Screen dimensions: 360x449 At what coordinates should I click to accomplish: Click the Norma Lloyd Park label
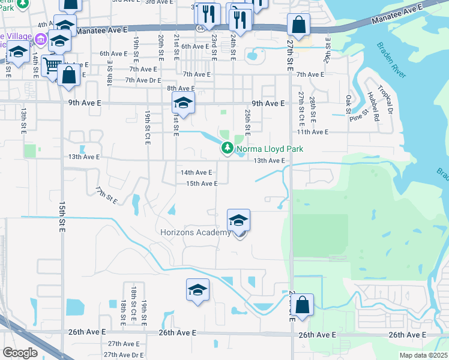(x=270, y=149)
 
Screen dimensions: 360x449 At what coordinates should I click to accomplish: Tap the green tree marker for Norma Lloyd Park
(x=227, y=148)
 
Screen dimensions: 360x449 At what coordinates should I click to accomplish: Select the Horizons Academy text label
(x=196, y=233)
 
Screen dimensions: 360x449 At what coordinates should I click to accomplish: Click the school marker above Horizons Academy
(x=238, y=221)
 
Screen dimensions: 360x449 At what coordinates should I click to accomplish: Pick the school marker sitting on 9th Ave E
(x=183, y=103)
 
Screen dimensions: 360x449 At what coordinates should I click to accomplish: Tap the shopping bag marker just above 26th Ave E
(x=303, y=305)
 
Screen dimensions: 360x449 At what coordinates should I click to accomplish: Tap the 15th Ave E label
(x=202, y=184)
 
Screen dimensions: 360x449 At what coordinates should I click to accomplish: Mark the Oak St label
(x=349, y=103)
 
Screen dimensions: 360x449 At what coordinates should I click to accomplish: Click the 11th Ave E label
(x=312, y=131)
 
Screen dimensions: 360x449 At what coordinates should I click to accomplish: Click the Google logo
(x=20, y=353)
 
